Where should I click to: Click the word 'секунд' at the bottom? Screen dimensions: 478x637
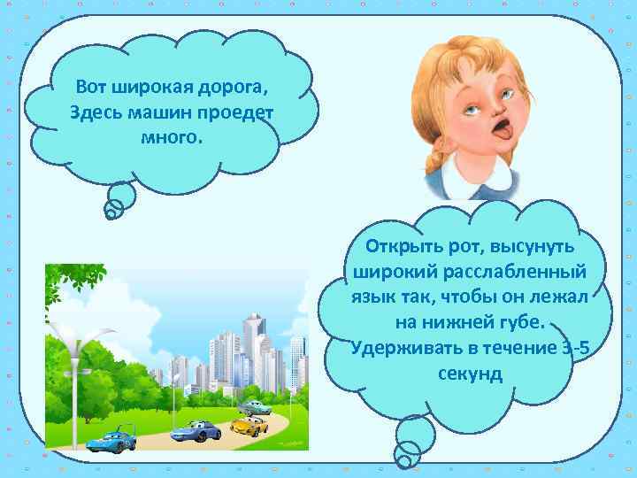coord(470,373)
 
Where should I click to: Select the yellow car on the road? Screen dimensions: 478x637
coord(249,426)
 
